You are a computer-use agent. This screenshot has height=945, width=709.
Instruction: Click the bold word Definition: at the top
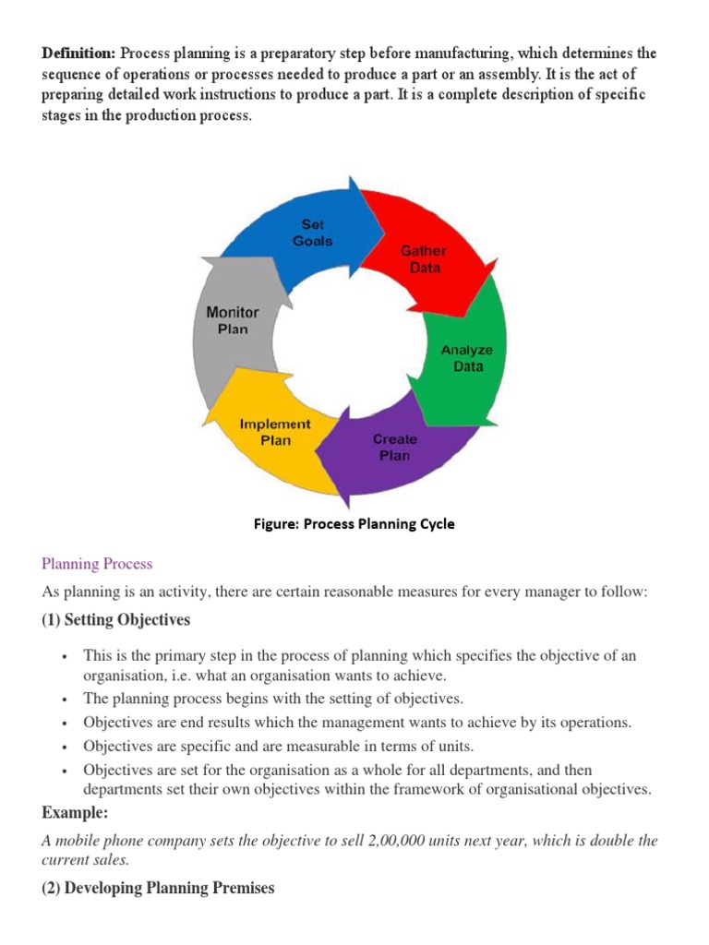coord(78,54)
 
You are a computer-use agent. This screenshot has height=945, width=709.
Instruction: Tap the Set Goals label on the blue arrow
coord(312,233)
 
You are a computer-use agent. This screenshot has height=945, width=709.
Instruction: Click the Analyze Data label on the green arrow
coord(467,358)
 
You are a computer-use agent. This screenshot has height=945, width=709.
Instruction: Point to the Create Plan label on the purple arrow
coord(394,448)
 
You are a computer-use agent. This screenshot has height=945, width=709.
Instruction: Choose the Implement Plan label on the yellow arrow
coord(275,432)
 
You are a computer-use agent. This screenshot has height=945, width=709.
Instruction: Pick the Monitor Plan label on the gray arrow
coord(233,320)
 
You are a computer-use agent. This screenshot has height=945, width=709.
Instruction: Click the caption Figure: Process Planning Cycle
coord(354,524)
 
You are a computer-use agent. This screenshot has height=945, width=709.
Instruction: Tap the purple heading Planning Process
coord(97,564)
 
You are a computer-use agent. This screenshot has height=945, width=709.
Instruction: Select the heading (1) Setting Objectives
coord(116,620)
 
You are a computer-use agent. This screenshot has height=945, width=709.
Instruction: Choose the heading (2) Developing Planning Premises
coord(158,888)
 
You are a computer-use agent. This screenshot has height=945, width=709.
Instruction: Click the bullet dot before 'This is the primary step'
coord(65,656)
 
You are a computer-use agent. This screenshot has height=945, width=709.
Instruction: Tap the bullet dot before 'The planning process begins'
coord(65,700)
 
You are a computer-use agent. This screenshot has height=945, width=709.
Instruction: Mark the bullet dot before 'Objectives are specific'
coord(65,746)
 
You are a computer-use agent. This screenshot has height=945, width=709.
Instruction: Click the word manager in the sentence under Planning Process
coord(542,591)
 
